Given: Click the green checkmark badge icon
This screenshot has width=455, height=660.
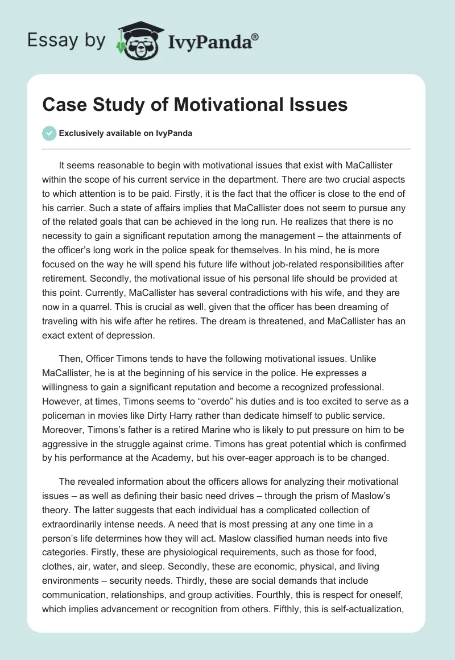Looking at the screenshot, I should click(49, 133).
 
